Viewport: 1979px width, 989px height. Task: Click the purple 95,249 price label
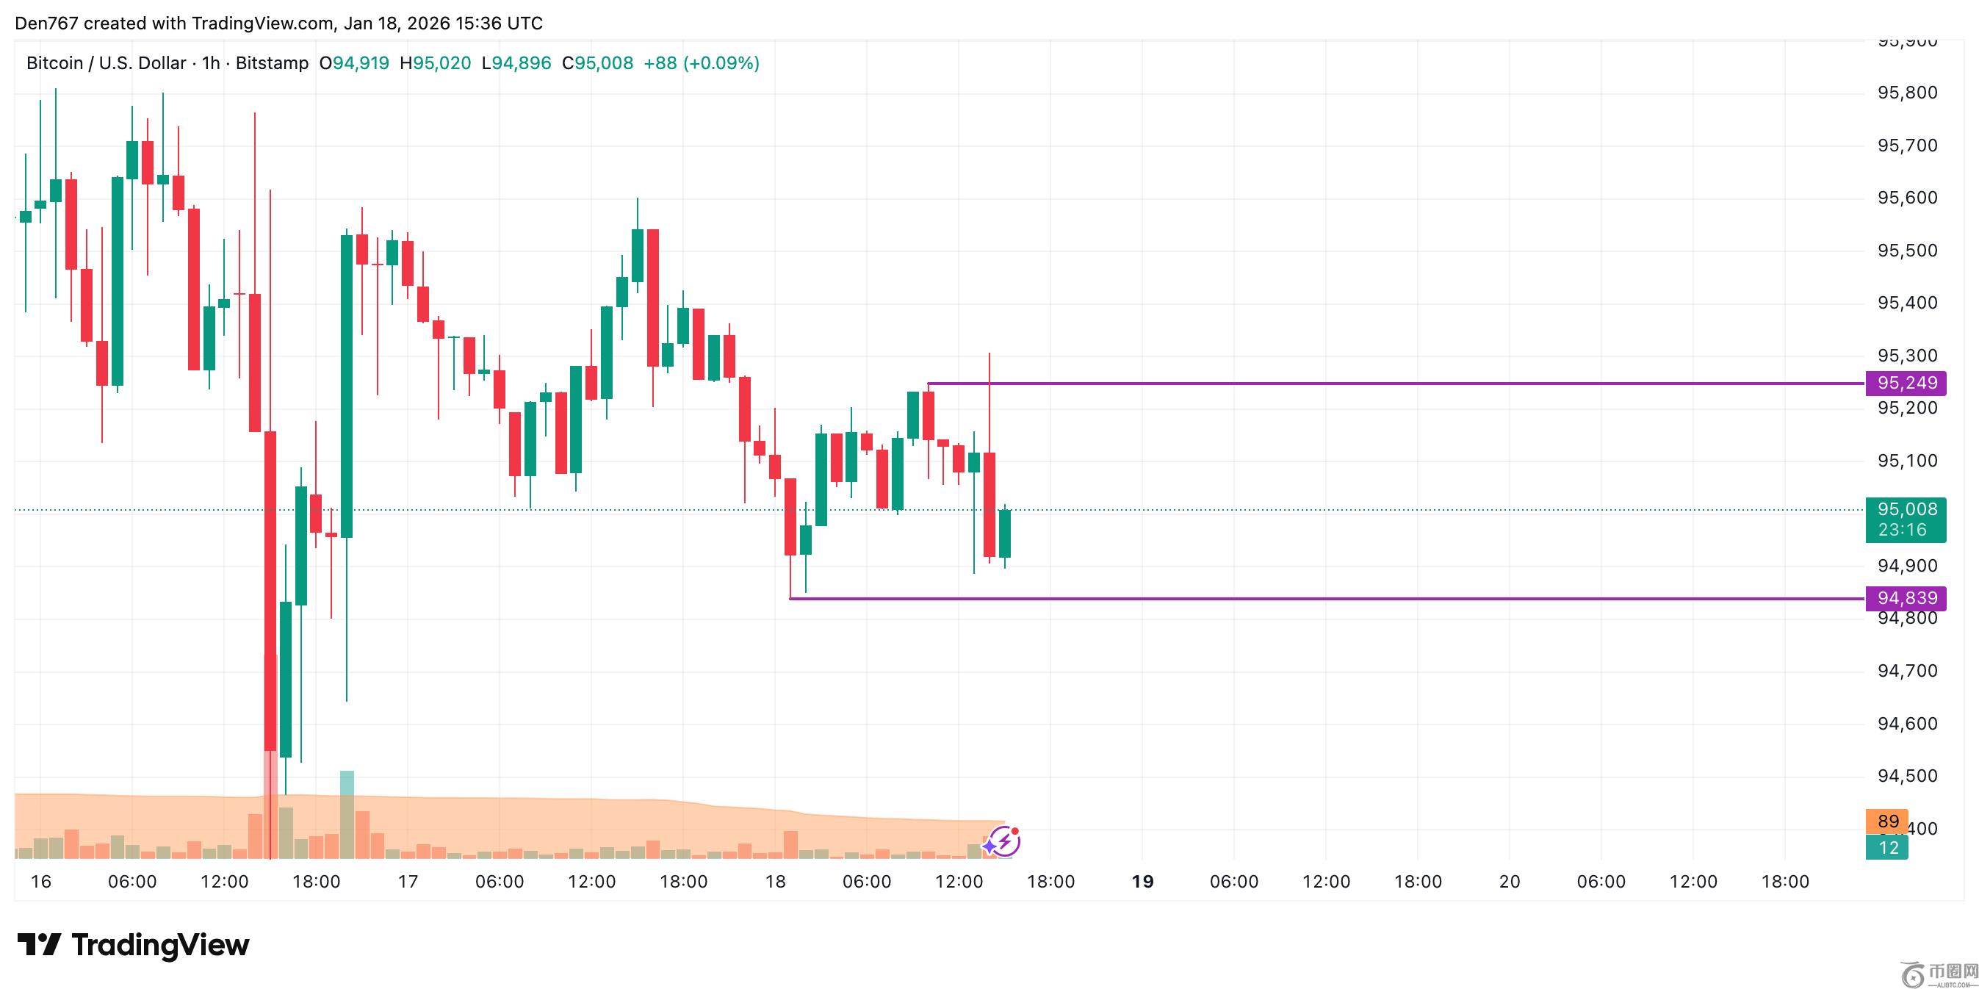click(x=1906, y=383)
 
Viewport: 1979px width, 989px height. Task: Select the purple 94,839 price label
click(x=1906, y=598)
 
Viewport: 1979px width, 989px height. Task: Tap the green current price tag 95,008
click(x=1906, y=509)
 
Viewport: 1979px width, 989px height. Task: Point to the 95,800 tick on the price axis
click(x=1907, y=93)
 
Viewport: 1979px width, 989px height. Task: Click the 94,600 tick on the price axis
click(x=1907, y=723)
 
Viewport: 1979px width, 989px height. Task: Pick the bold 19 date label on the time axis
click(x=1142, y=882)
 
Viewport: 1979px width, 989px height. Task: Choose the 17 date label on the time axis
click(x=408, y=882)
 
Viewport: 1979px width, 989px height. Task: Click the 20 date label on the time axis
click(x=1510, y=882)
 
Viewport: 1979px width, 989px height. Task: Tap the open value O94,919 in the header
click(x=354, y=63)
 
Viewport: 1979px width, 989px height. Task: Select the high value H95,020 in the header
click(x=435, y=63)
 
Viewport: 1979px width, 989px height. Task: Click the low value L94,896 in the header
click(x=516, y=63)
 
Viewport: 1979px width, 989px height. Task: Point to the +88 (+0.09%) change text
click(x=702, y=63)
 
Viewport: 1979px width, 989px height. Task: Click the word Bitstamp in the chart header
click(x=272, y=63)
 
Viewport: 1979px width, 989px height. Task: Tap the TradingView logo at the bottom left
click(x=133, y=944)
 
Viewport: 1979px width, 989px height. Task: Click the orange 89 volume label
click(x=1888, y=821)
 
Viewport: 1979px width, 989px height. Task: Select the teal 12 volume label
click(x=1888, y=848)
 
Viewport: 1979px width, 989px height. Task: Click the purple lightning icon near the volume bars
click(x=1003, y=842)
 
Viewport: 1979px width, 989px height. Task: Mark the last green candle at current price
click(x=1004, y=533)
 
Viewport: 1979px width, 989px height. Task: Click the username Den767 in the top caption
click(x=46, y=23)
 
